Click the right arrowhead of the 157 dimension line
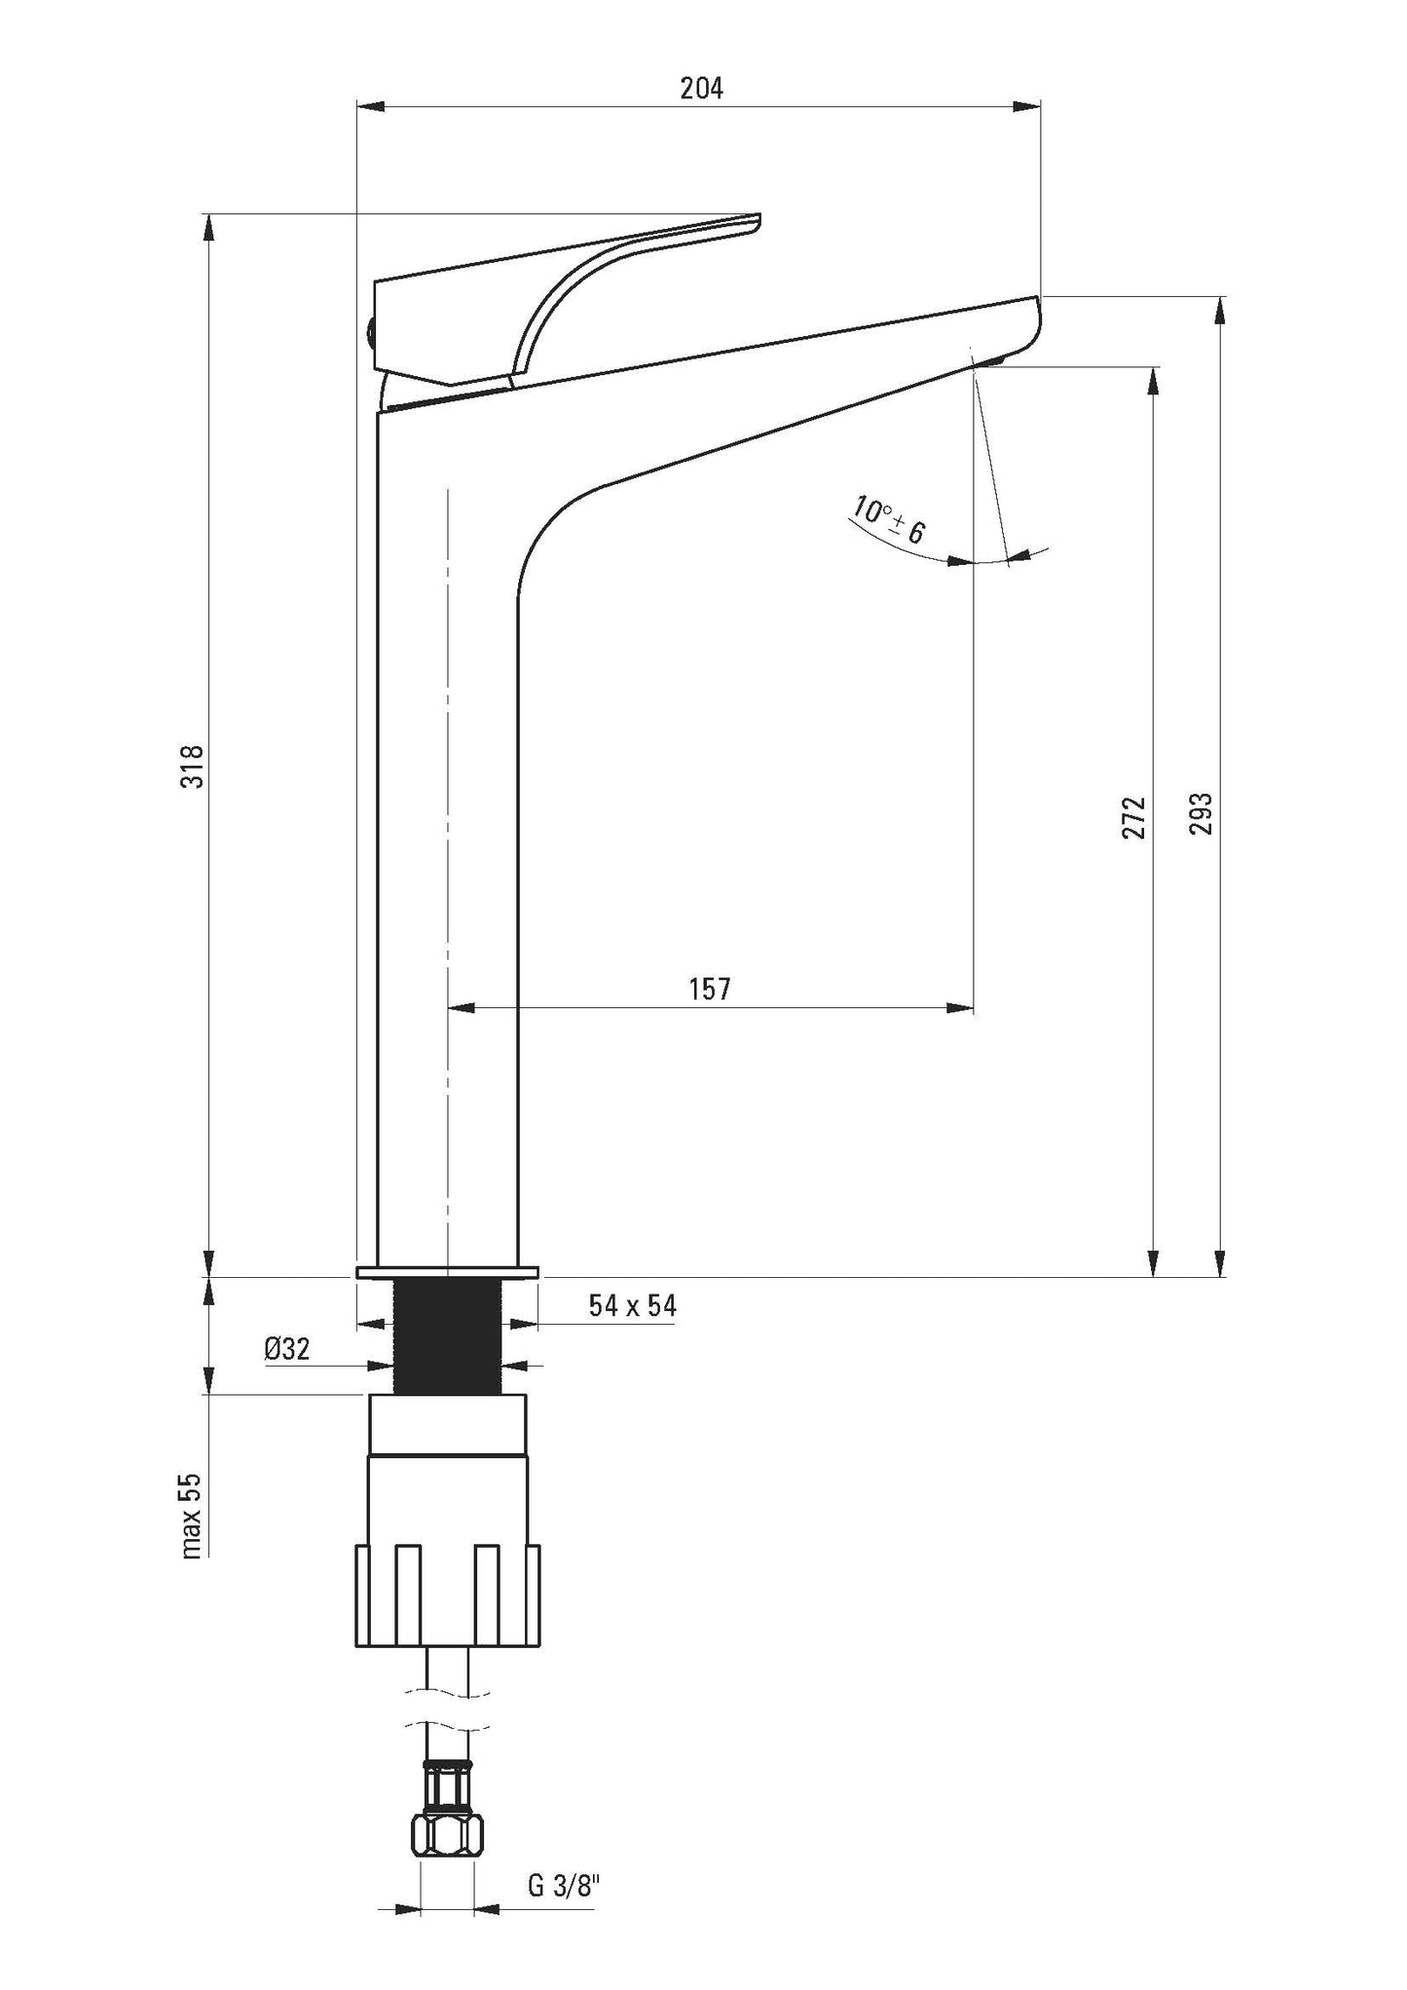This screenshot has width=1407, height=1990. (960, 1006)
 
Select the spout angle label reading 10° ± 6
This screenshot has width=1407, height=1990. (887, 520)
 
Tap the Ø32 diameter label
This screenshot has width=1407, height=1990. (286, 1349)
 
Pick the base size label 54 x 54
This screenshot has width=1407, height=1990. (632, 1305)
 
